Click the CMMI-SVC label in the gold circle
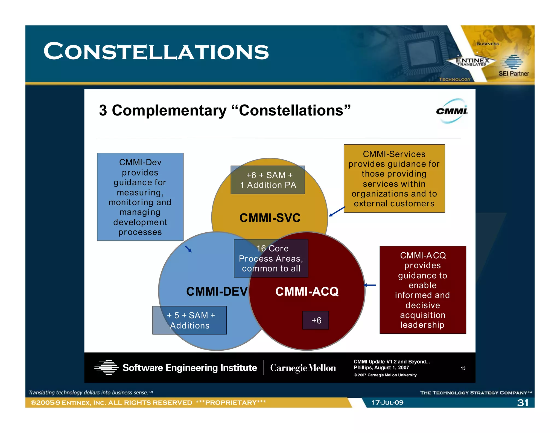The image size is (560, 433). [x=270, y=218]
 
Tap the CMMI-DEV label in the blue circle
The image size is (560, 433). [x=217, y=291]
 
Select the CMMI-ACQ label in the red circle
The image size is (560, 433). [x=307, y=291]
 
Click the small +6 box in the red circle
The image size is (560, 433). [x=316, y=320]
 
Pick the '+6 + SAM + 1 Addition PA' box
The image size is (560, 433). [x=268, y=180]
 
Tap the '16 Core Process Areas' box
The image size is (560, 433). [x=271, y=258]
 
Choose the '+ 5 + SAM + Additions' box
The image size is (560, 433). [x=189, y=320]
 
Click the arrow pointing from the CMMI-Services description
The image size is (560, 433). [x=337, y=212]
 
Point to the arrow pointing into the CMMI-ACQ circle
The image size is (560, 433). [x=370, y=285]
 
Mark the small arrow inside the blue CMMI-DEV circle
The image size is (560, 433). [x=188, y=249]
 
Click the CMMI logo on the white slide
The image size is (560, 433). [x=452, y=111]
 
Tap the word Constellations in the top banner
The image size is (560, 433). [x=156, y=51]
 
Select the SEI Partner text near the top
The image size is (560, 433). [x=514, y=73]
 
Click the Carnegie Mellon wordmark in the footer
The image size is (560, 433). [x=303, y=368]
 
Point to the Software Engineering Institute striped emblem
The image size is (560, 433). [x=106, y=367]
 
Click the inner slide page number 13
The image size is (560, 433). [x=463, y=368]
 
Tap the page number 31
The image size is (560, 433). [x=523, y=403]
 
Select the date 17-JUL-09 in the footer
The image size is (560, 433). [x=387, y=403]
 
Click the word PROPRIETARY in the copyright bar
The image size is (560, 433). [x=231, y=403]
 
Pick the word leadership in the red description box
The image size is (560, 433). [x=422, y=325]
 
